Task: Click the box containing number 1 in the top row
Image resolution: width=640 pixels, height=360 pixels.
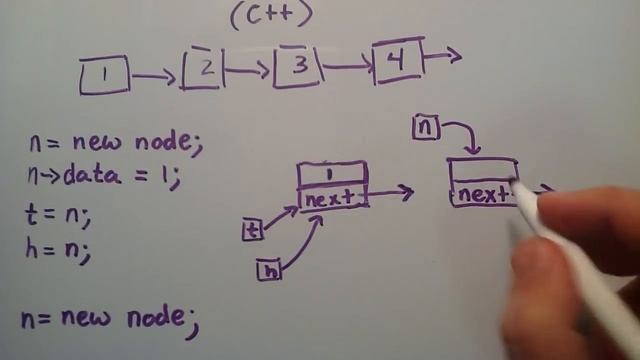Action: click(x=104, y=75)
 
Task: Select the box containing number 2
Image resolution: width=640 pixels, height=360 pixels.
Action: click(x=203, y=69)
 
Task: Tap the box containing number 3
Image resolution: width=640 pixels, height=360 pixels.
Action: click(x=297, y=67)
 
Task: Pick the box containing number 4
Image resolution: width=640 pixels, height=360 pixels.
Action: click(x=397, y=60)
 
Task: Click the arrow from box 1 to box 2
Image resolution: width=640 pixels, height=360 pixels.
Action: click(x=155, y=74)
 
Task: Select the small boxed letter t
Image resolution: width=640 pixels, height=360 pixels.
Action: click(x=253, y=230)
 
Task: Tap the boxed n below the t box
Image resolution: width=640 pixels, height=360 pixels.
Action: click(x=268, y=269)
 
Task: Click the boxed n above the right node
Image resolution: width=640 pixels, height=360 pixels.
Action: click(x=425, y=127)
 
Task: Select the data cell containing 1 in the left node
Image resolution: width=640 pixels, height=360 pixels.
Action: click(x=332, y=174)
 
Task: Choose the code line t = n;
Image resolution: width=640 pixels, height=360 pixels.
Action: click(x=62, y=213)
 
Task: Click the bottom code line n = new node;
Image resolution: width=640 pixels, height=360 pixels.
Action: click(x=110, y=318)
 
